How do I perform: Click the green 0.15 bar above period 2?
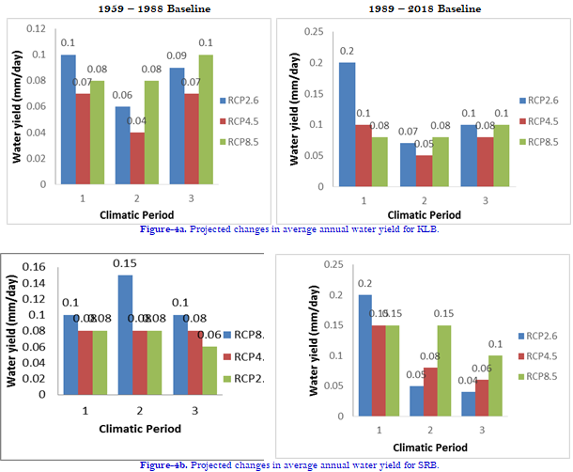click(x=442, y=379)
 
